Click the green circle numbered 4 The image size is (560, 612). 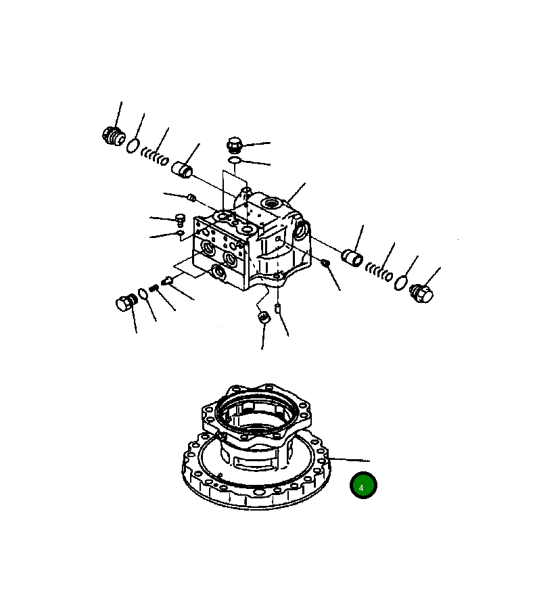click(363, 486)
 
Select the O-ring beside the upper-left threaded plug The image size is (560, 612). click(134, 145)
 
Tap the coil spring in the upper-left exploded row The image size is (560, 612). click(155, 156)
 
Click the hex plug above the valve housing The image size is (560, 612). click(233, 145)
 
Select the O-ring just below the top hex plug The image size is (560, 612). click(234, 160)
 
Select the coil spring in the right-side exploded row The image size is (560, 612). click(379, 271)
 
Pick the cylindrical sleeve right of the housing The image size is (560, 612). click(352, 258)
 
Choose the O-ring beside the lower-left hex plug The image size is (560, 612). click(143, 294)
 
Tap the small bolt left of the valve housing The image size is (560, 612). click(180, 219)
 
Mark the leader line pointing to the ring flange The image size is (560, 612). click(348, 460)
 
